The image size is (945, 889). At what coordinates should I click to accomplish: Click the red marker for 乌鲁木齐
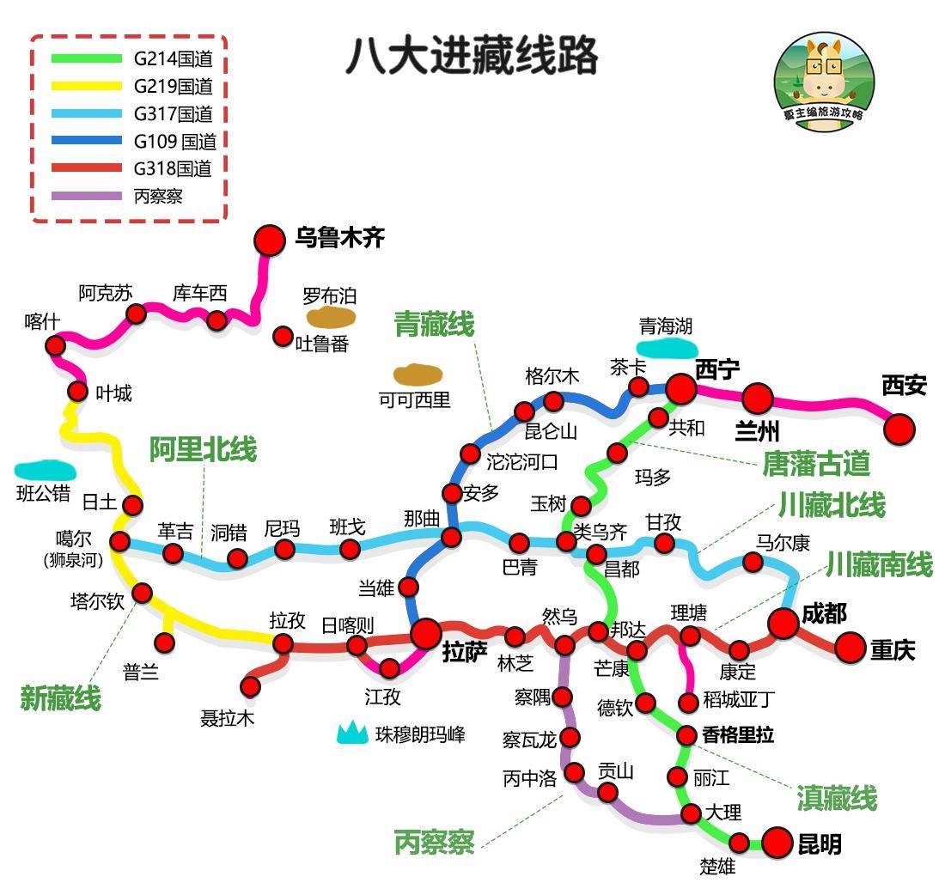click(270, 241)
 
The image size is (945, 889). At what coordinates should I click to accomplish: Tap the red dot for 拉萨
click(425, 635)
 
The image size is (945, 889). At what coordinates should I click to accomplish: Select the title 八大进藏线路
click(472, 57)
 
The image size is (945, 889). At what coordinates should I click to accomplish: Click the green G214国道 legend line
click(87, 59)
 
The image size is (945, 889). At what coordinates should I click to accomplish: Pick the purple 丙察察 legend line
click(87, 196)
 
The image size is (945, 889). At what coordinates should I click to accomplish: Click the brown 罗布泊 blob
click(332, 318)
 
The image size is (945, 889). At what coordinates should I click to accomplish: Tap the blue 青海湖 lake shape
click(666, 348)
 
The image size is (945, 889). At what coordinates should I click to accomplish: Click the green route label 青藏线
click(434, 325)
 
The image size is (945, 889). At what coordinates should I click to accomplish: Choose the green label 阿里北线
click(204, 449)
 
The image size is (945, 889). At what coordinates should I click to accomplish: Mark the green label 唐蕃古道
click(816, 464)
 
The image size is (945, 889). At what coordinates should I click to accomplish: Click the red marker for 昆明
click(777, 843)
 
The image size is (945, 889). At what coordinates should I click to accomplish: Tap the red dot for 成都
click(783, 624)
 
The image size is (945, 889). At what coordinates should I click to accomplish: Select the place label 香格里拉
click(738, 735)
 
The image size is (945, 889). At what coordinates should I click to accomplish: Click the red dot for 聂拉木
click(250, 686)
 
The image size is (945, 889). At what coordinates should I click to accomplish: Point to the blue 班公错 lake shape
click(45, 471)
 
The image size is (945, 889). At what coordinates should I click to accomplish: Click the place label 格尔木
click(552, 376)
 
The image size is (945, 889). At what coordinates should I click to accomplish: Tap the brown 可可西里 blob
click(418, 374)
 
